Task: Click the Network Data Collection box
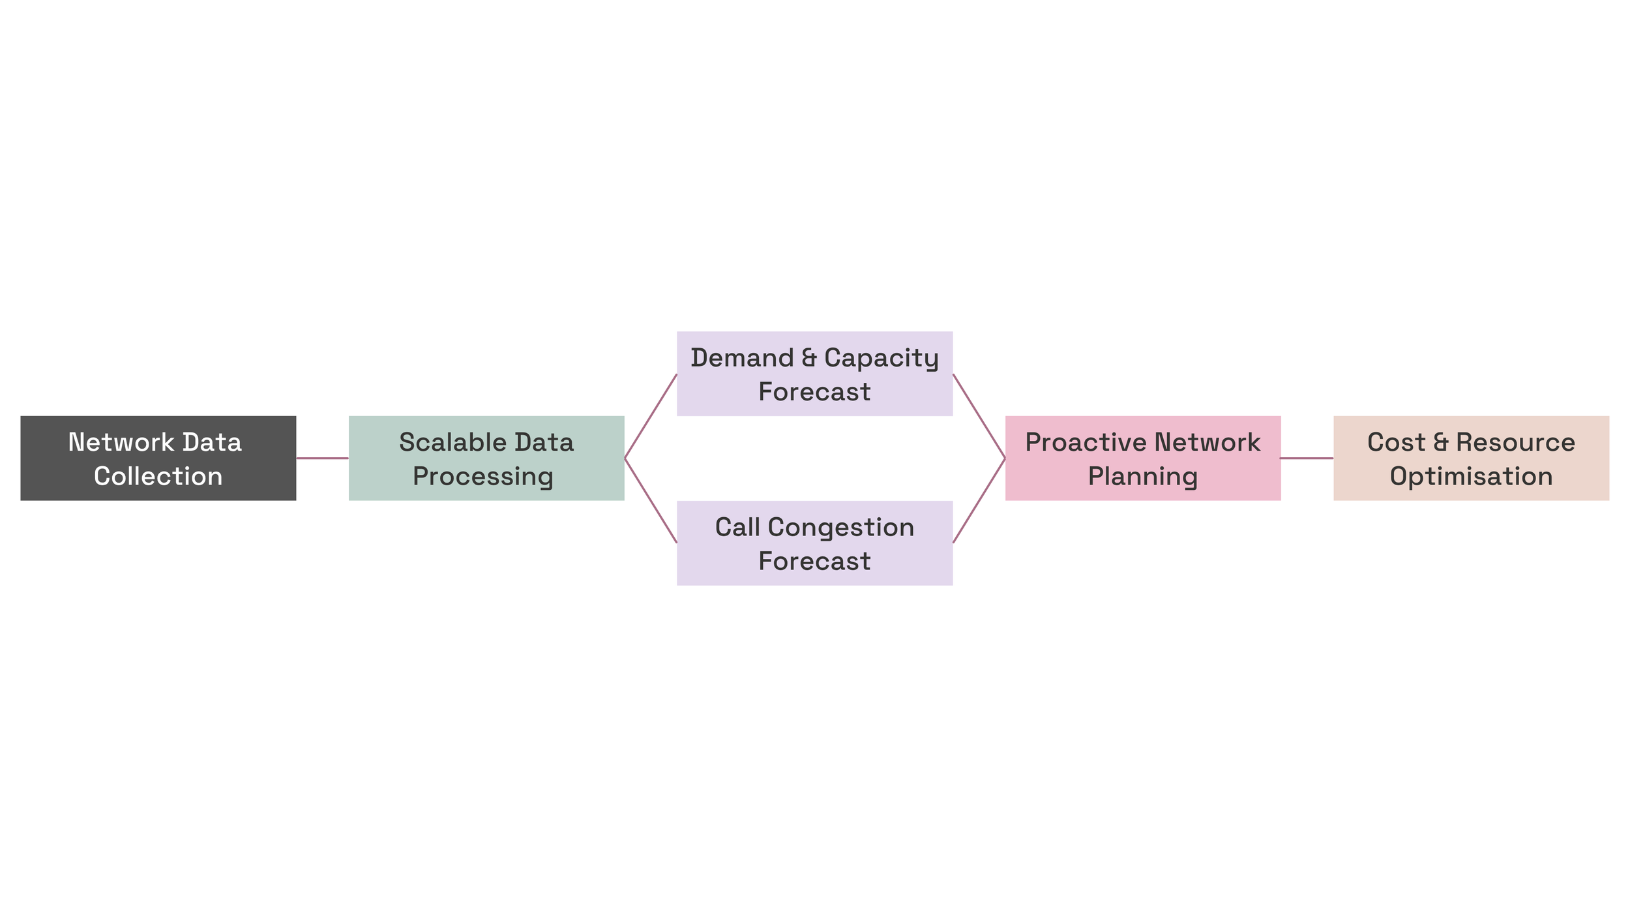pyautogui.click(x=158, y=458)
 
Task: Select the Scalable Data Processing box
pyautogui.click(x=486, y=458)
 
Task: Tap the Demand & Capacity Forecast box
pyautogui.click(x=814, y=374)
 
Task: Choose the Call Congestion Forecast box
pyautogui.click(x=814, y=543)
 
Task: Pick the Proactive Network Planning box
pyautogui.click(x=1143, y=458)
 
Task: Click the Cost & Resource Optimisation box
pyautogui.click(x=1471, y=458)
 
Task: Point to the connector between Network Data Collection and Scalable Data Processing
pyautogui.click(x=322, y=458)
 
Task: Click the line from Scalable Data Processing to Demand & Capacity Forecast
pyautogui.click(x=651, y=416)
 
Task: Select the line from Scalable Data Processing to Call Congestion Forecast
pyautogui.click(x=651, y=500)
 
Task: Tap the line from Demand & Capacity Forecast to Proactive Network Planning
pyautogui.click(x=979, y=416)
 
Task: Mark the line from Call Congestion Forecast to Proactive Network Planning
pyautogui.click(x=979, y=500)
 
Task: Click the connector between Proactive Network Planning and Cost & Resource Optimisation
pyautogui.click(x=1307, y=458)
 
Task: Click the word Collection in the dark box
pyautogui.click(x=158, y=476)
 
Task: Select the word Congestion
pyautogui.click(x=841, y=527)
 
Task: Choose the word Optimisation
pyautogui.click(x=1471, y=476)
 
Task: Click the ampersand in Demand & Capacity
pyautogui.click(x=809, y=357)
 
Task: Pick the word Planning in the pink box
pyautogui.click(x=1143, y=476)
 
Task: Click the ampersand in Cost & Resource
pyautogui.click(x=1441, y=442)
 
